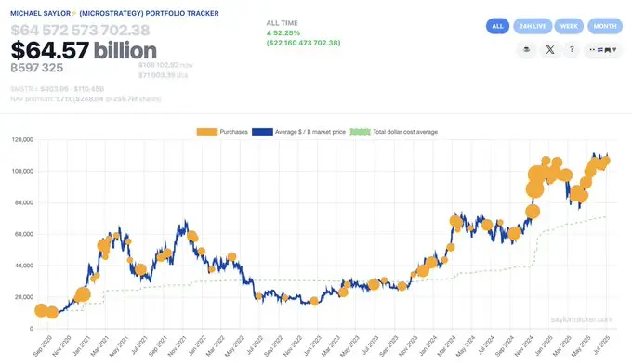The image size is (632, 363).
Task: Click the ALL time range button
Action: click(x=497, y=26)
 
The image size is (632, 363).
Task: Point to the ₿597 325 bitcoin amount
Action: click(x=36, y=68)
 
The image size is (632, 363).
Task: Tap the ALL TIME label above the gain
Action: click(x=283, y=21)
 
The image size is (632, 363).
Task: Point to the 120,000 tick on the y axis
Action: click(x=21, y=140)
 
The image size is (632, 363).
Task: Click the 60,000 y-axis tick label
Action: click(x=23, y=234)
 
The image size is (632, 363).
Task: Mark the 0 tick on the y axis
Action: click(x=32, y=329)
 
